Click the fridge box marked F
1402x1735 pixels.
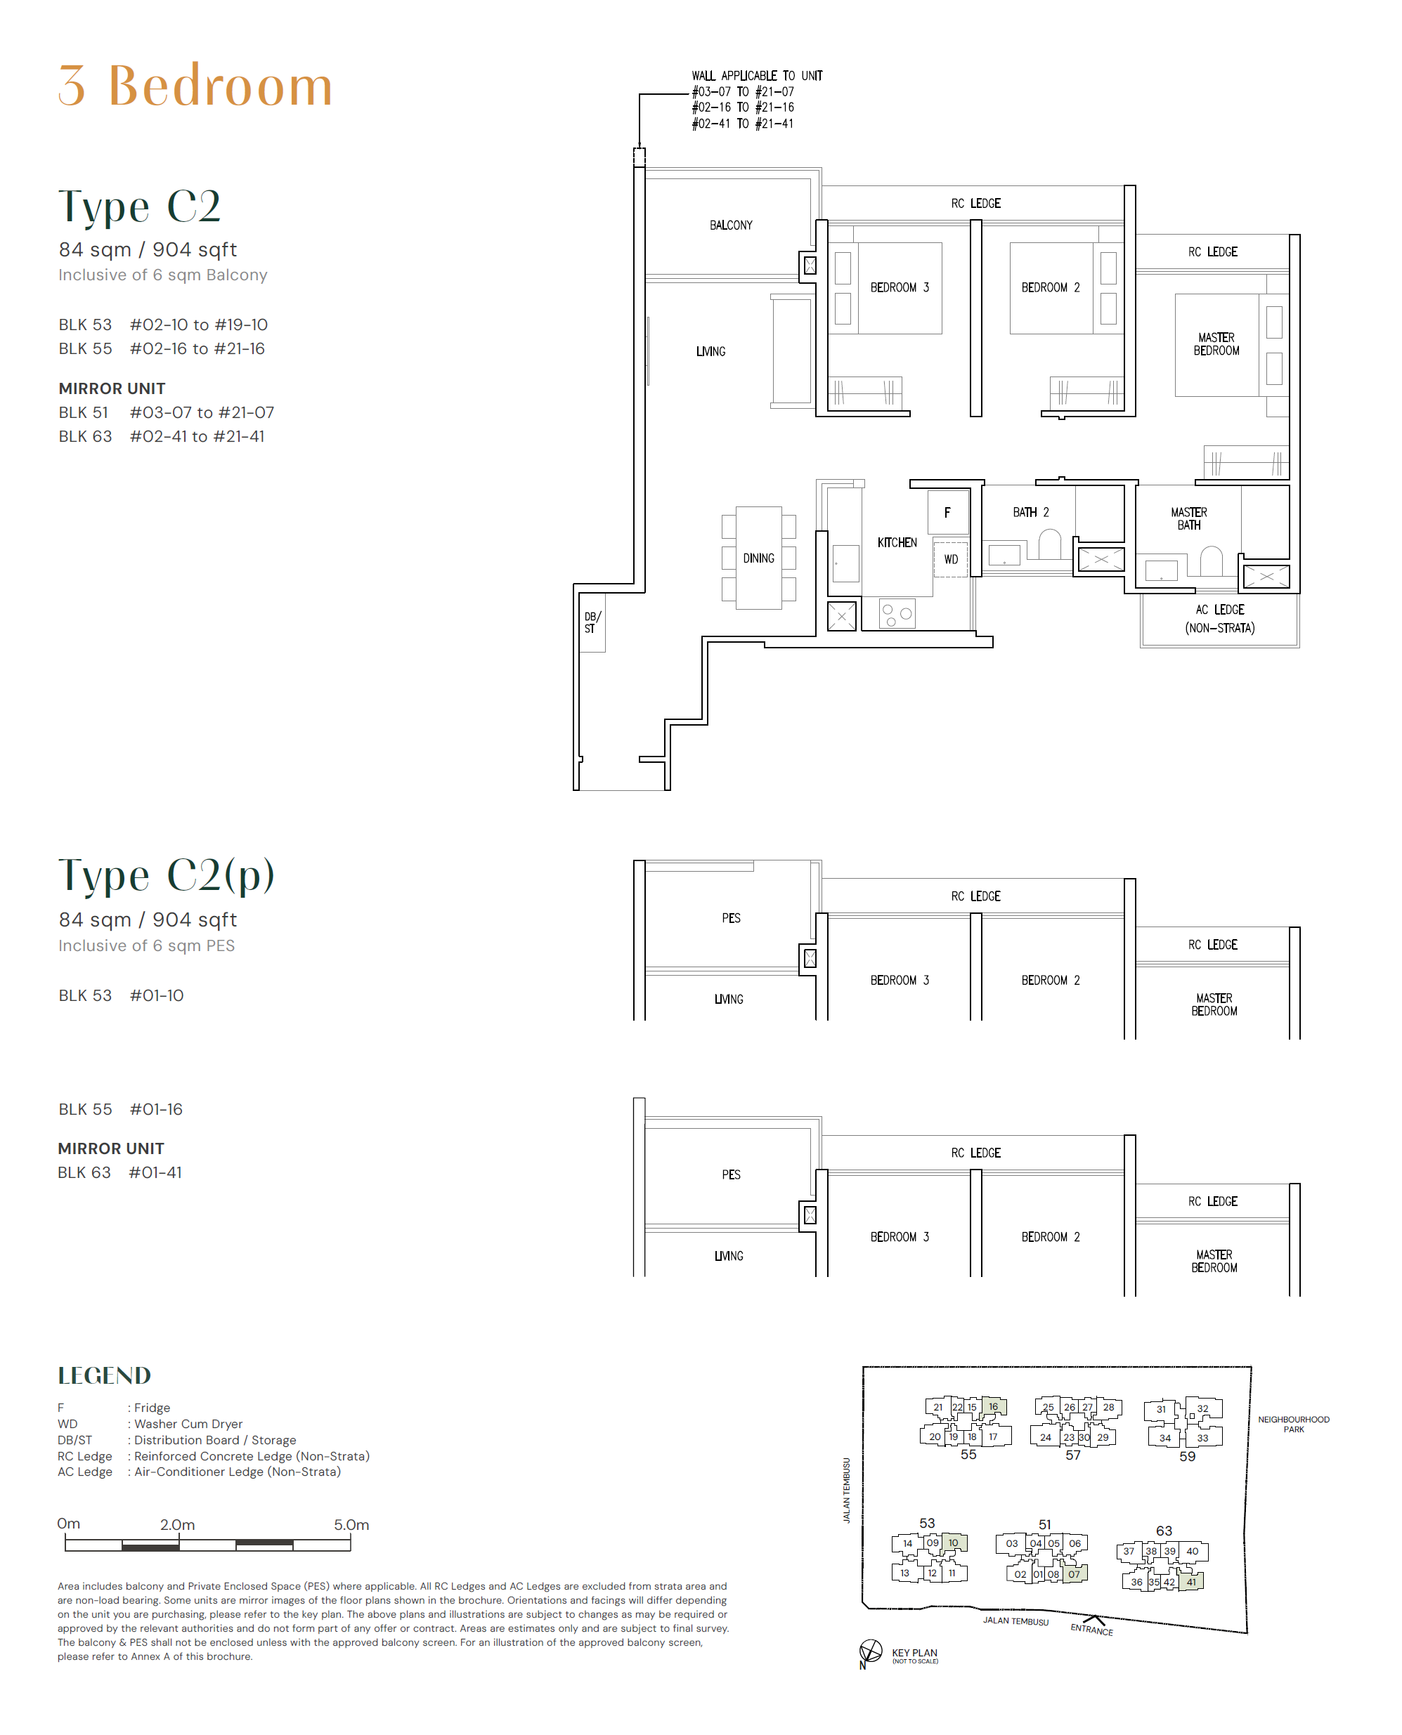(x=947, y=512)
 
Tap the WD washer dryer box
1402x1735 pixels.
(x=951, y=558)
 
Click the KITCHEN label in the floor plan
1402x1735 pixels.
(x=897, y=542)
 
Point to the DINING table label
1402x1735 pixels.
(x=758, y=558)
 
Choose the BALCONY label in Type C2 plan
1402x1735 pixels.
(x=731, y=225)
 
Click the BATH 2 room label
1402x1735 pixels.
(x=1030, y=512)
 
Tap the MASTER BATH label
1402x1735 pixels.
(x=1189, y=518)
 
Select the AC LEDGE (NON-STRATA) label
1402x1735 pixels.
(x=1219, y=618)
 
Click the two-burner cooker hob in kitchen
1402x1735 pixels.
(x=897, y=615)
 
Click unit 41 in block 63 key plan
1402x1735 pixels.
(x=1191, y=1582)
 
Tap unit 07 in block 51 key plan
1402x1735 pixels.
(x=1074, y=1573)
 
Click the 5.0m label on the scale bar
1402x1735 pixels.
(x=351, y=1524)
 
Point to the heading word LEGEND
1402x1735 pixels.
(x=104, y=1375)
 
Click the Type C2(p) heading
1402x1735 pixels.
(x=167, y=875)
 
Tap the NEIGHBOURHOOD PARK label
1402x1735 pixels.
(x=1293, y=1424)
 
